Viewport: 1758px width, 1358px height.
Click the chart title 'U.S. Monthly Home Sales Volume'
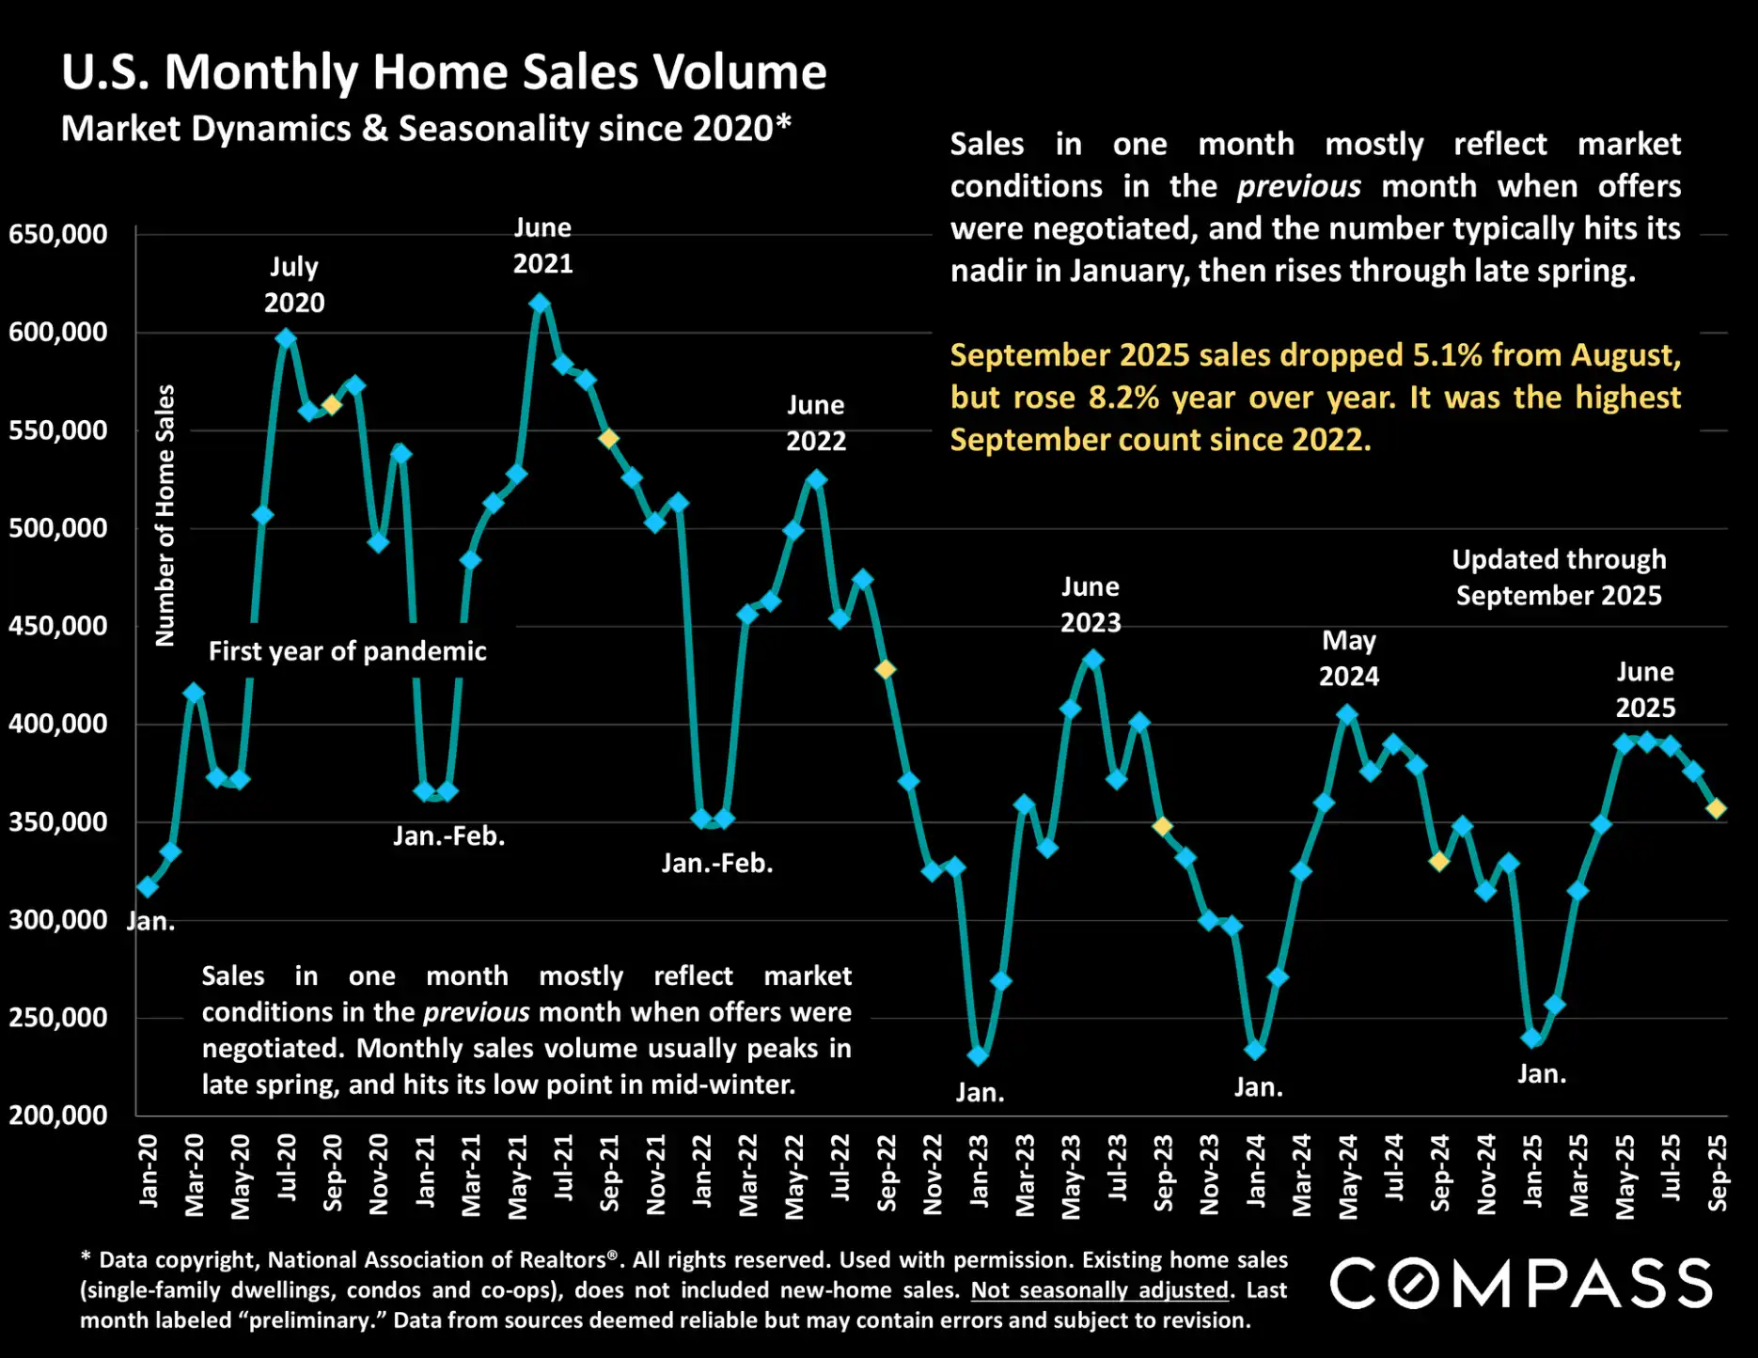(x=443, y=71)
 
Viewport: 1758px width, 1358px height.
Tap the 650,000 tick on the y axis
(x=57, y=234)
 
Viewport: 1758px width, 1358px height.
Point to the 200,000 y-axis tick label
(x=57, y=1116)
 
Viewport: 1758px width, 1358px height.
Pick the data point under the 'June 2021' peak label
(x=540, y=304)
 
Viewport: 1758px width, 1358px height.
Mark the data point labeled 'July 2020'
(x=286, y=338)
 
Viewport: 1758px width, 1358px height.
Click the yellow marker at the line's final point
(x=1716, y=808)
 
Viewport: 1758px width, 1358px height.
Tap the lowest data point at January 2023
(x=978, y=1055)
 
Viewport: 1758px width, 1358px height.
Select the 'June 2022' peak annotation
(x=815, y=423)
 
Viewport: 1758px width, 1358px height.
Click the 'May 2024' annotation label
(x=1348, y=658)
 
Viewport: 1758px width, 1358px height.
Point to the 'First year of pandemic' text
(x=347, y=651)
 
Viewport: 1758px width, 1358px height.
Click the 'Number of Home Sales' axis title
(x=165, y=515)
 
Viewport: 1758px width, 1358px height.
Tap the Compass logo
(x=1520, y=1284)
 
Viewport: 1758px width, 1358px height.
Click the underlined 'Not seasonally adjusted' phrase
(x=1099, y=1290)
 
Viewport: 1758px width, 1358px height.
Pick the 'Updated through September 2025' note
(x=1558, y=577)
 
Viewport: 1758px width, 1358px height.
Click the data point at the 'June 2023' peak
(x=1092, y=660)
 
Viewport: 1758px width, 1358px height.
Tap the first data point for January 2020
(x=148, y=886)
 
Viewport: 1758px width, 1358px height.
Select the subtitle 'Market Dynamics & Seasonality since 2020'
(x=425, y=129)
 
